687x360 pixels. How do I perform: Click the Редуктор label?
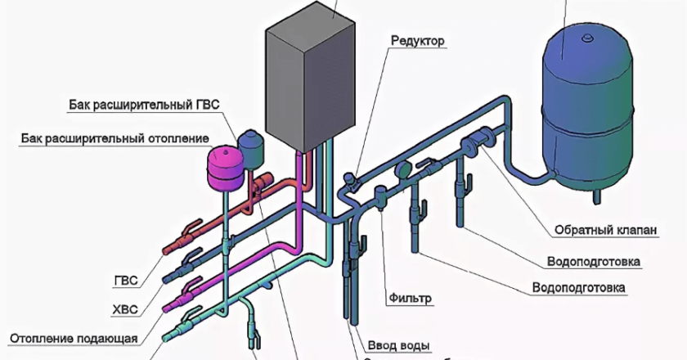[x=418, y=41]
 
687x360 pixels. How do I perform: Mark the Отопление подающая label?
[x=74, y=338]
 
